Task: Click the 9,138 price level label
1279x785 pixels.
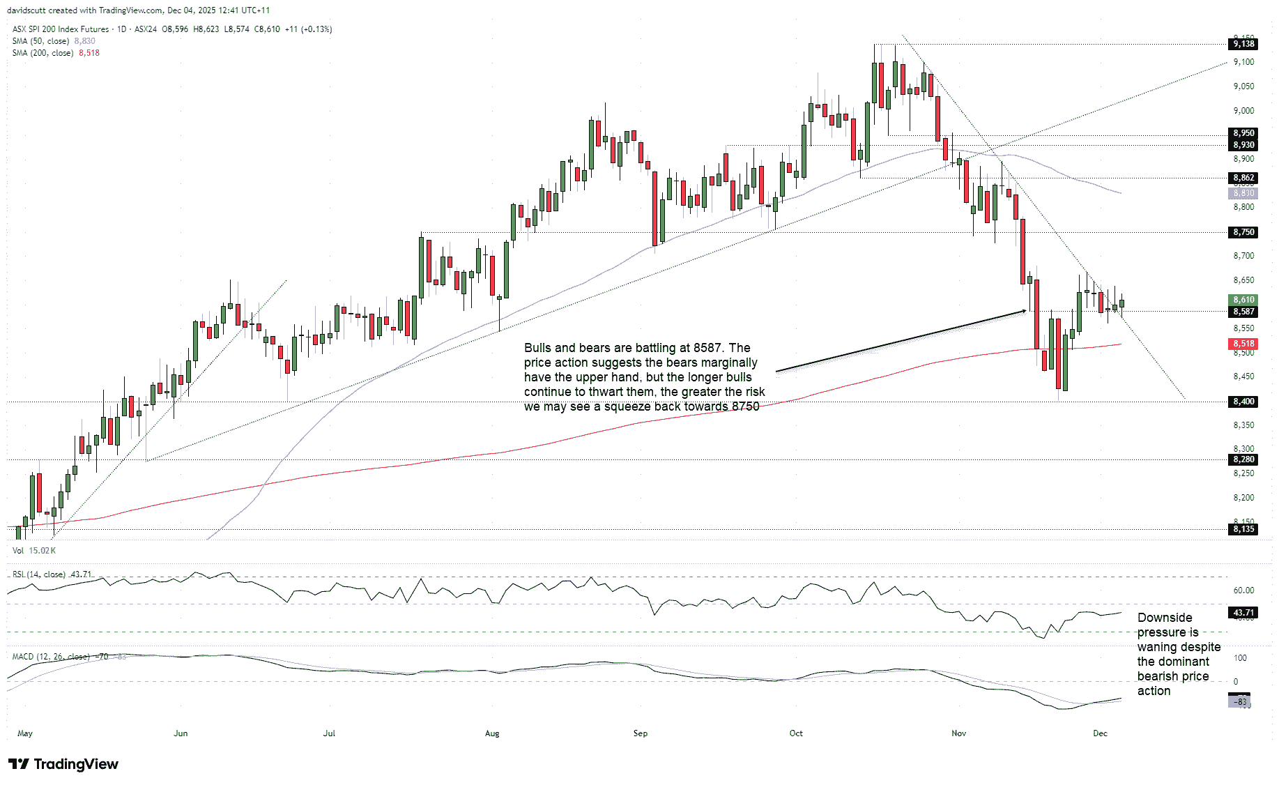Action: click(1243, 44)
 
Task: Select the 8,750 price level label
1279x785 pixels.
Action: click(1243, 232)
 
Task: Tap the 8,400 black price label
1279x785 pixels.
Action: click(1243, 402)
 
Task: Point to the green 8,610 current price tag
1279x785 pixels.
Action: click(1243, 300)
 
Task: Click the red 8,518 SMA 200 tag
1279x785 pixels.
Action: click(1243, 344)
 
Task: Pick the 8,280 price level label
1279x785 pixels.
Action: click(1243, 459)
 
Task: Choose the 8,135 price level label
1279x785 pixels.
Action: click(1243, 529)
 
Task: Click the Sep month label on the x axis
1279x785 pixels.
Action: click(640, 733)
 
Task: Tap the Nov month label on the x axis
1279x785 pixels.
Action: click(958, 733)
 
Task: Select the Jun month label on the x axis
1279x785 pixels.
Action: click(181, 733)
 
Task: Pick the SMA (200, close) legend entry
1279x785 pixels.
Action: click(43, 53)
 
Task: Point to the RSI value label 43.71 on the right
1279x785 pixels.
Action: click(1243, 613)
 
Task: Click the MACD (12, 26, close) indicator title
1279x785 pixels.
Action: click(51, 657)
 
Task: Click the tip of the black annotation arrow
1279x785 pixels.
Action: click(1025, 311)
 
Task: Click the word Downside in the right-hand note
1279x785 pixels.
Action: click(1165, 618)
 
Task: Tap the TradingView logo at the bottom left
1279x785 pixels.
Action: click(63, 764)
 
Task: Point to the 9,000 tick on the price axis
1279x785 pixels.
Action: click(1243, 111)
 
